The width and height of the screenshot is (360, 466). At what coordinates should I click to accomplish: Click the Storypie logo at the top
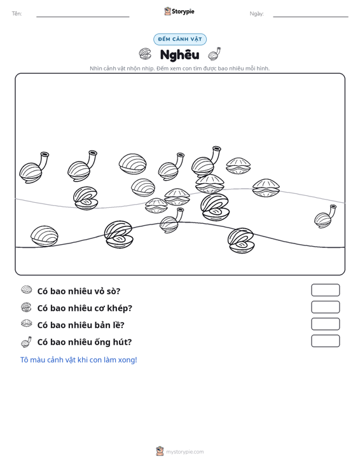(x=179, y=11)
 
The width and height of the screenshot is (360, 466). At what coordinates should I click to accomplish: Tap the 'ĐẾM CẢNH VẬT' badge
(x=180, y=39)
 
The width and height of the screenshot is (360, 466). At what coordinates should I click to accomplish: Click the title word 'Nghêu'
(x=179, y=55)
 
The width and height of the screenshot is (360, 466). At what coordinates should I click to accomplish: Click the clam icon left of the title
(x=145, y=53)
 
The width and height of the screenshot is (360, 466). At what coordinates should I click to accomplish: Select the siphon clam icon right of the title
(x=214, y=53)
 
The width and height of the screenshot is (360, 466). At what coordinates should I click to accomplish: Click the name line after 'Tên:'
(x=83, y=17)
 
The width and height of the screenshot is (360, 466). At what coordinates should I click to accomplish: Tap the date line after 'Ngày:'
(x=310, y=17)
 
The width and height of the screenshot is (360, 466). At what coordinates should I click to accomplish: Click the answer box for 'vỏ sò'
(x=325, y=290)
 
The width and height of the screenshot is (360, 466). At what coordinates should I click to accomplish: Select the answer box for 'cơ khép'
(x=325, y=307)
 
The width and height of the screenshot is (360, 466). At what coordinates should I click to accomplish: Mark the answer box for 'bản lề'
(x=325, y=324)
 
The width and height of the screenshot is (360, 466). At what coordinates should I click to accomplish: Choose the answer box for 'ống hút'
(x=325, y=341)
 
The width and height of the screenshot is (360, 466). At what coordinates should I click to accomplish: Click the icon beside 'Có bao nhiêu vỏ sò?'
(x=27, y=290)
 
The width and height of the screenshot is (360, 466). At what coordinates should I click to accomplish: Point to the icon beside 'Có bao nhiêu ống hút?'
(x=26, y=342)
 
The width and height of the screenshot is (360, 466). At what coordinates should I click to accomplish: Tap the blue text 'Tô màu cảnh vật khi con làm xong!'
(x=78, y=360)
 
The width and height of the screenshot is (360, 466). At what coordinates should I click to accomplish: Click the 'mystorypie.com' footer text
(x=185, y=452)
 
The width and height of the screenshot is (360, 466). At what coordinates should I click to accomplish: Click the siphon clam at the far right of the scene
(x=325, y=216)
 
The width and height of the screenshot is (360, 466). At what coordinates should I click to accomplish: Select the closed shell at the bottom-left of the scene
(x=45, y=236)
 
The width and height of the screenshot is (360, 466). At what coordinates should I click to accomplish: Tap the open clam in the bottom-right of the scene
(x=241, y=241)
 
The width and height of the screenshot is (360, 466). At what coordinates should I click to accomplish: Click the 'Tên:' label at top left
(x=17, y=14)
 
